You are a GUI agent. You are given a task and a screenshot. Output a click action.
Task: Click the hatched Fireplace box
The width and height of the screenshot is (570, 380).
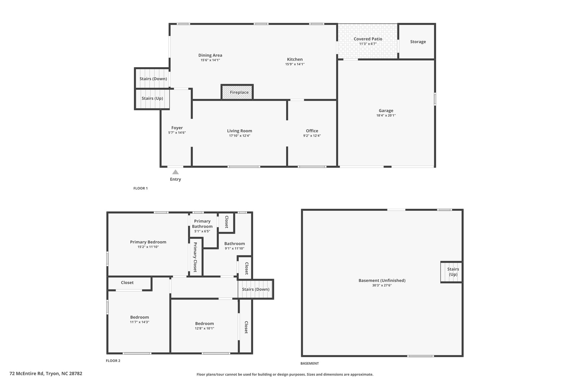[237, 92]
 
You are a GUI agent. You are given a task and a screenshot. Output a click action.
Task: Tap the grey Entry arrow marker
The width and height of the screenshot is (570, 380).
[175, 172]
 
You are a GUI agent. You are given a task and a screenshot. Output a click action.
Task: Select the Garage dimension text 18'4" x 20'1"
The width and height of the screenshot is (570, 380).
[386, 115]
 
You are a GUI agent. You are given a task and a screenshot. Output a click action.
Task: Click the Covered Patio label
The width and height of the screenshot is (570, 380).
[368, 39]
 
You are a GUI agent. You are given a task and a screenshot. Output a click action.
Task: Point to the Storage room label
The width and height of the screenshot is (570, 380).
[418, 42]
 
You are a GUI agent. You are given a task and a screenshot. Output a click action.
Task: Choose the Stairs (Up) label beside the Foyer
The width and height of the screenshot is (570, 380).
[152, 98]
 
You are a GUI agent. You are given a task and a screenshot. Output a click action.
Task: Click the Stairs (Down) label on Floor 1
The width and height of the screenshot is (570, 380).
[153, 79]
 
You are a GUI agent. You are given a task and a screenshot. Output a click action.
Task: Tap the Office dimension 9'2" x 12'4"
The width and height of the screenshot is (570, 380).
[312, 136]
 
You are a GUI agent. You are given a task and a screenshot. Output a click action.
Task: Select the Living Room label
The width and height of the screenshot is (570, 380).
[239, 131]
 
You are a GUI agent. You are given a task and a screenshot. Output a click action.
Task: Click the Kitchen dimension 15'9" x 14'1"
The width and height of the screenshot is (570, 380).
[295, 64]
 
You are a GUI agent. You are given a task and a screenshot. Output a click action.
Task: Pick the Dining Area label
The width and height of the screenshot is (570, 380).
[210, 55]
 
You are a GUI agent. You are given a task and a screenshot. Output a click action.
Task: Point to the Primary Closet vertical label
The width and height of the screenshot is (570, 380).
[195, 257]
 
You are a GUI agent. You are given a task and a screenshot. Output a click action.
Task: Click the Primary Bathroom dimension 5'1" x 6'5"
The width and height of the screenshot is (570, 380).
[202, 231]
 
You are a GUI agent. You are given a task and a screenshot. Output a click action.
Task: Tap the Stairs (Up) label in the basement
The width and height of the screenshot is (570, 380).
[453, 272]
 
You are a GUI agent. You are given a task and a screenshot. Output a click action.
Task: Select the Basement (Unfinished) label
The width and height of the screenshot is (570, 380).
[382, 280]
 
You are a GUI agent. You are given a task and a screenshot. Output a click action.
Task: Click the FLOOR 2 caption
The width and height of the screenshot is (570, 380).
[113, 361]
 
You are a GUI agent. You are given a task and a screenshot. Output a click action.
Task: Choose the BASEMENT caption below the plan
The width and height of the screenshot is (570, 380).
[309, 363]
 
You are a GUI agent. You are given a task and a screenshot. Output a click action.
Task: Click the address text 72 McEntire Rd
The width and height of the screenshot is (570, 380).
[26, 374]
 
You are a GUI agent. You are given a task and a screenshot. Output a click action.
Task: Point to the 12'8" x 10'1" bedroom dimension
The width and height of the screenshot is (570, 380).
[204, 328]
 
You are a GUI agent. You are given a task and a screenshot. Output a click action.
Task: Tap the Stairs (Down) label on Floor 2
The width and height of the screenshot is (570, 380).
[255, 289]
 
